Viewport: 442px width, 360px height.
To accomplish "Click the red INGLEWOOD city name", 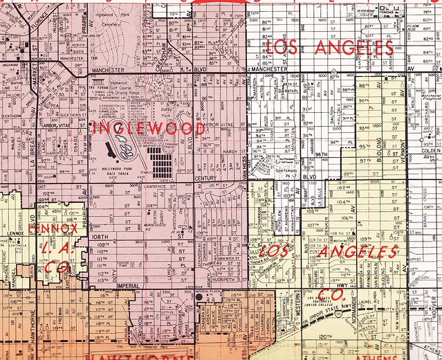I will [148, 129].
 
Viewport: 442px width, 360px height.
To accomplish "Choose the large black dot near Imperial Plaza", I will [199, 296].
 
